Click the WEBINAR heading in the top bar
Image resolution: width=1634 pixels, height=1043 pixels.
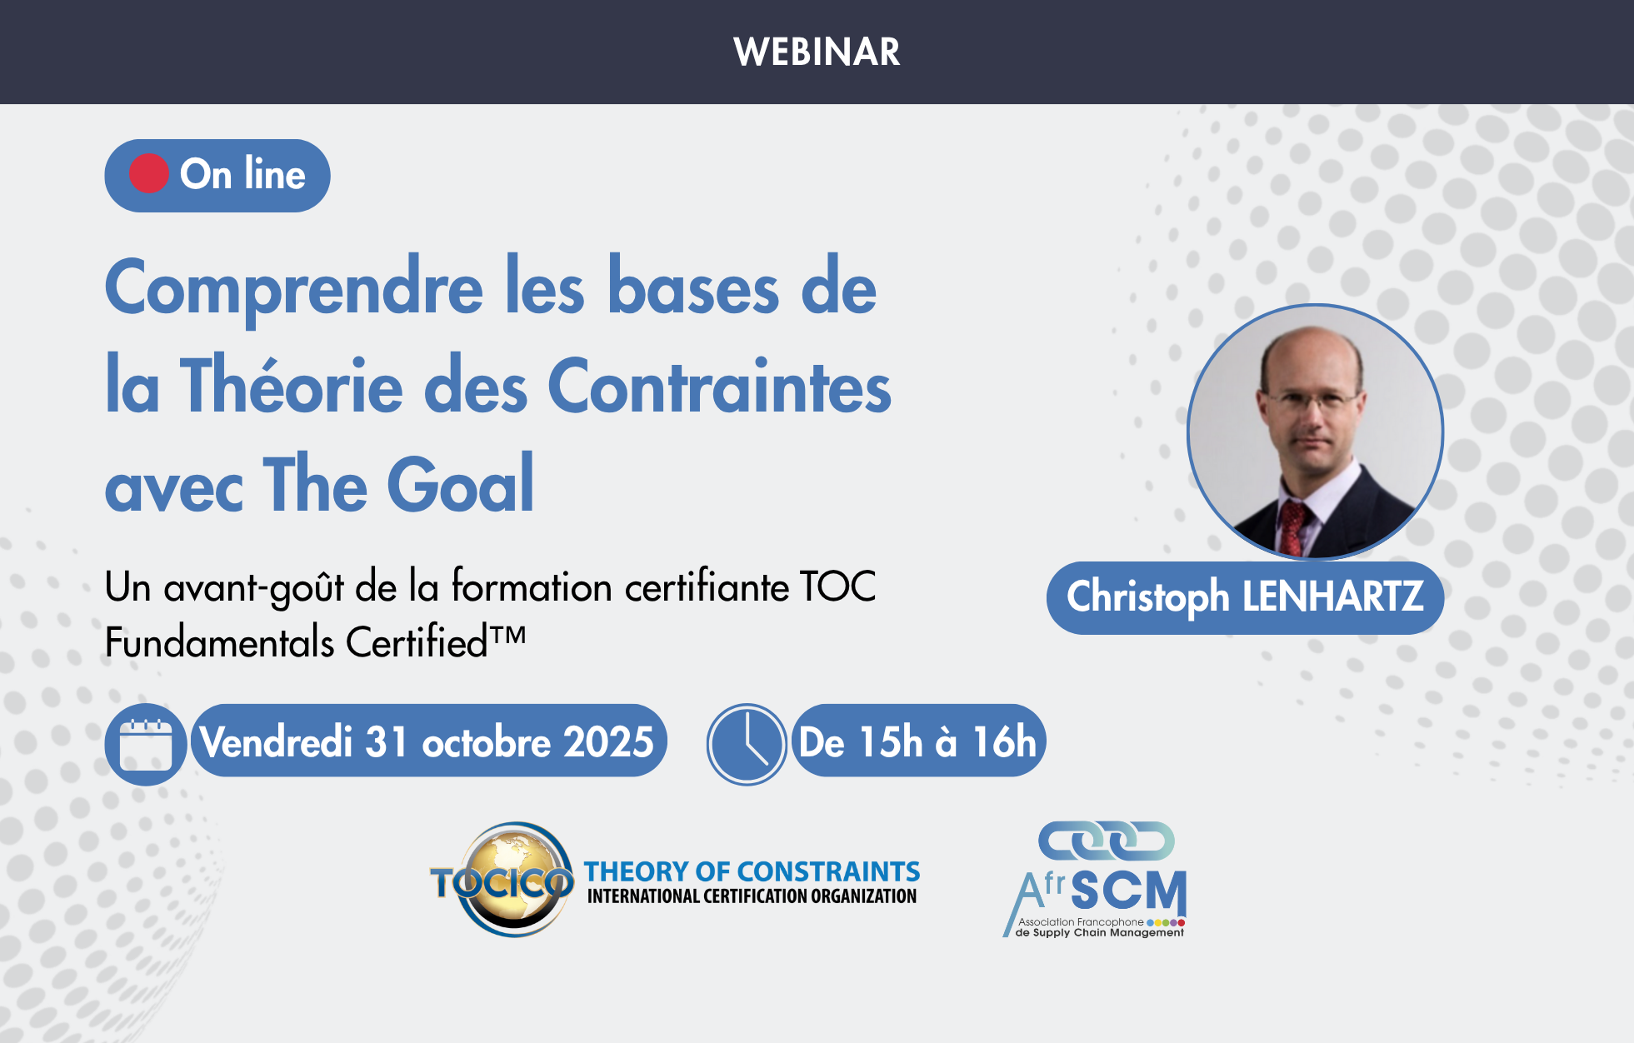tap(817, 52)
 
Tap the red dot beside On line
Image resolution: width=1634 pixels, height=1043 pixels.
tap(149, 174)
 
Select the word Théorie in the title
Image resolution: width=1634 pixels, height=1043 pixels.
tap(292, 385)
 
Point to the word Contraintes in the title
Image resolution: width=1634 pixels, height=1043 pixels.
tap(720, 386)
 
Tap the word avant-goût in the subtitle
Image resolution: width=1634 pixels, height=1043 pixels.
tap(253, 588)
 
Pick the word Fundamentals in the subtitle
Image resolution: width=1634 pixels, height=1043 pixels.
tap(220, 642)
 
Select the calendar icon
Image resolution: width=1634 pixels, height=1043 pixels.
tap(146, 745)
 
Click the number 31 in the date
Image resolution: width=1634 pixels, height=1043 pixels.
tap(387, 741)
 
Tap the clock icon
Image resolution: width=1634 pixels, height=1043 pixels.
tap(747, 745)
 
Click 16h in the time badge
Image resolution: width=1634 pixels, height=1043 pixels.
tap(1004, 741)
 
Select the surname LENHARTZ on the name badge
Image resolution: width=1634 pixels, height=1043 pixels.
tap(1332, 596)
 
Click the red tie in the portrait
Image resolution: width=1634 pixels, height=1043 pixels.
tap(1292, 528)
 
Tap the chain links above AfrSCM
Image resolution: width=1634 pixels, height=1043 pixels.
tap(1106, 841)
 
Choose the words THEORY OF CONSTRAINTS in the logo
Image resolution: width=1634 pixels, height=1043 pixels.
tap(752, 871)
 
